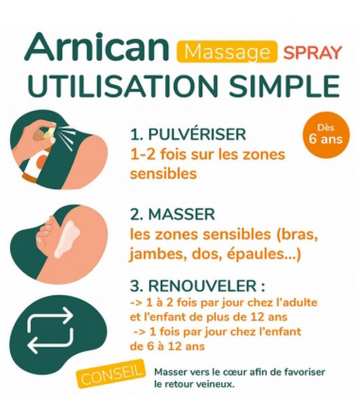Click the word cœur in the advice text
(x=225, y=370)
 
